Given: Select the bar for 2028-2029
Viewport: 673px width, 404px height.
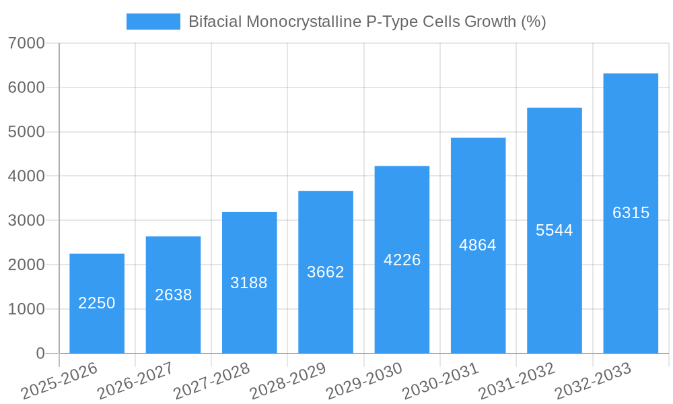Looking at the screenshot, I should coord(326,272).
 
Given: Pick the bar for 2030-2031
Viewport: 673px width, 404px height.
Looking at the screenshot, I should coord(478,245).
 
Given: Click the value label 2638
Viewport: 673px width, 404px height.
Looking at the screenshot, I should coord(174,295).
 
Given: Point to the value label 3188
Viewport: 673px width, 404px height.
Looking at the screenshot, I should coord(249,283).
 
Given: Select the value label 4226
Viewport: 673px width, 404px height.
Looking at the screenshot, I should coord(402,260).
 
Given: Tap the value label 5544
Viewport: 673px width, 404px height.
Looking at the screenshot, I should coord(555,230).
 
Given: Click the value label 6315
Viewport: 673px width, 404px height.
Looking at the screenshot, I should coord(631,213).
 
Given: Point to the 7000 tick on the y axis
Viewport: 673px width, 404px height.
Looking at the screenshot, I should coord(26,44).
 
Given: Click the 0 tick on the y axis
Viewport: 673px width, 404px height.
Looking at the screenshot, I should coord(40,353).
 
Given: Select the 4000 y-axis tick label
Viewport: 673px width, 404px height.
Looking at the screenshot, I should coord(26,176).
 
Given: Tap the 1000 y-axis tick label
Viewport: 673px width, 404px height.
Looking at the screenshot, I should coord(26,310).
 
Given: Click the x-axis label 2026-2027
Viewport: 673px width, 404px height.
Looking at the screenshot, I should coord(135,380).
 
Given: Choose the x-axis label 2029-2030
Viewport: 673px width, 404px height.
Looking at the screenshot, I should coord(364,380).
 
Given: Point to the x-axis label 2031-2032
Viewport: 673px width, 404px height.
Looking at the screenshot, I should coord(517,380).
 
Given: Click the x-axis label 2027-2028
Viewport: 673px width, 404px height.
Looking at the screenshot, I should coord(211,380).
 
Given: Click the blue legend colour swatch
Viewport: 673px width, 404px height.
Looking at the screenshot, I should coord(153,22).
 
